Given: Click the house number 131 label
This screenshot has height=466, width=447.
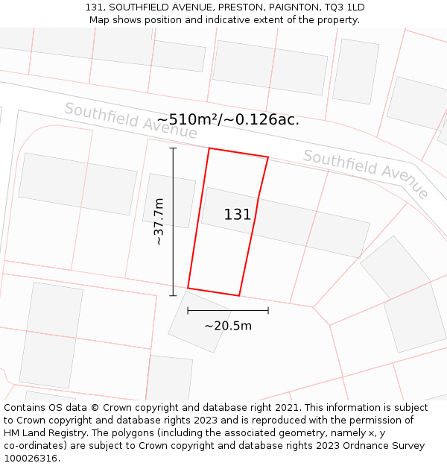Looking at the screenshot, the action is pos(238,215).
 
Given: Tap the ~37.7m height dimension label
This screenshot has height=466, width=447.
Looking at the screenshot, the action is pos(159,221).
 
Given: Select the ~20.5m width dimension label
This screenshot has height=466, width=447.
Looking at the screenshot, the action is pos(228,325).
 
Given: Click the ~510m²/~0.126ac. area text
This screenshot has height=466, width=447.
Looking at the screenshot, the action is pos(228,119).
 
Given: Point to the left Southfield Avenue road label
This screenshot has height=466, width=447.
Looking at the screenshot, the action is pos(131,121).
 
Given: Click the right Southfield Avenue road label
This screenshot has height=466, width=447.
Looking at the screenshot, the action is pos(366,173).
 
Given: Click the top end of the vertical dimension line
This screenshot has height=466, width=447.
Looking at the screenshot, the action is pos(173,148).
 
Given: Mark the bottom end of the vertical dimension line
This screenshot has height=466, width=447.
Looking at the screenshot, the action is pos(173,295).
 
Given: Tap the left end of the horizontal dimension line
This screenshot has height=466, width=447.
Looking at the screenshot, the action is pos(188,310).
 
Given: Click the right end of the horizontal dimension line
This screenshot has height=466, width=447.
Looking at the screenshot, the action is pos(268,310).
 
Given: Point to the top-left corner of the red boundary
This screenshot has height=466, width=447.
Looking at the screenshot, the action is pos(209,148).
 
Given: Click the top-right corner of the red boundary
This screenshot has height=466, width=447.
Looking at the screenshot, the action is pos(268,157).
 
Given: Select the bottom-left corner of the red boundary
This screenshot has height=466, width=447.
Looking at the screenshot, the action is pos(188,288).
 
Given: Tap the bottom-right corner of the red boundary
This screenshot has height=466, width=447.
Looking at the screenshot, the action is pos(239,296).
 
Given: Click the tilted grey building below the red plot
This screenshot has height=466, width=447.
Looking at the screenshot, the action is pos(200,321).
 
